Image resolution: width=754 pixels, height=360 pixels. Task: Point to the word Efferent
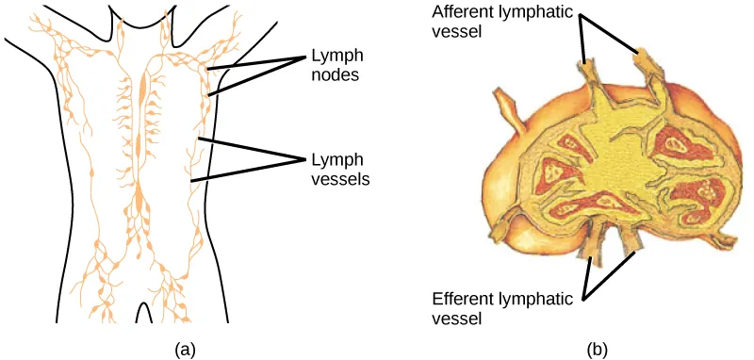(x=460, y=300)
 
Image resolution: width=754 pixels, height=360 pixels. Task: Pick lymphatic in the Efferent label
(x=538, y=300)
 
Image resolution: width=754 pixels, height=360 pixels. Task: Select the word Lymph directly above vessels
(x=332, y=157)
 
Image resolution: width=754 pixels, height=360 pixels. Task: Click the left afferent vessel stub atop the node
(x=588, y=72)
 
